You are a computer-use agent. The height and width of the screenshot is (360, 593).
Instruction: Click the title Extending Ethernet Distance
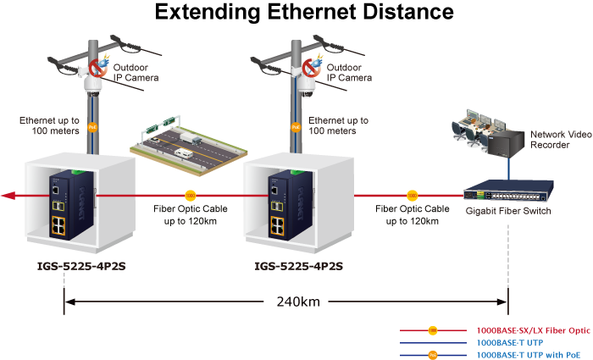coord(304,13)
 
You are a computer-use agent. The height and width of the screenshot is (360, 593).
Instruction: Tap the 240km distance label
coord(298,302)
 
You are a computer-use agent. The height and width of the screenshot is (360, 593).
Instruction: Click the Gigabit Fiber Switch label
coord(508,211)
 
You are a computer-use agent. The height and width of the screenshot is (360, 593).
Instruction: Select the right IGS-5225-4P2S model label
coord(298,266)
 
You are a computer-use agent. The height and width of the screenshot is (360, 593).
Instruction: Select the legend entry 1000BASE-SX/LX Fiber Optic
coord(533,329)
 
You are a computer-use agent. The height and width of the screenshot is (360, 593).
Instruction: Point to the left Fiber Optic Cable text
coord(191,214)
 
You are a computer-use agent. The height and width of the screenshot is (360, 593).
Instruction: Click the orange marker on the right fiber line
coord(412,195)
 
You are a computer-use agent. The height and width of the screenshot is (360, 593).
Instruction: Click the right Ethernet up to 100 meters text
coord(338,126)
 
